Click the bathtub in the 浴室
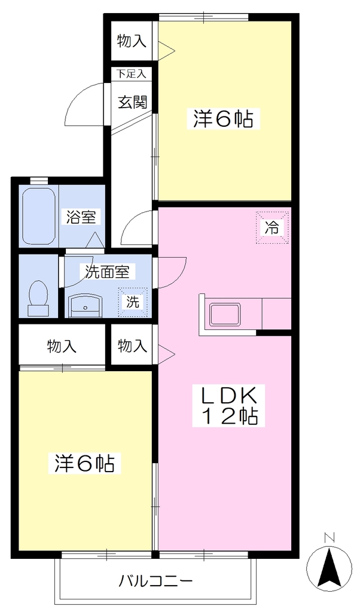click(38, 216)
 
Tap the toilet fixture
click(38, 298)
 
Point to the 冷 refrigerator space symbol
click(272, 228)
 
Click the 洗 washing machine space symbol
click(133, 302)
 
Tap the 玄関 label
click(133, 102)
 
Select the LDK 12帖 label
click(229, 406)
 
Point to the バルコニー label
click(156, 581)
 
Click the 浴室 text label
click(81, 217)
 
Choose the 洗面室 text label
click(108, 271)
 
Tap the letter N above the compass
click(330, 537)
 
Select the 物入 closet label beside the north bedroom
click(132, 41)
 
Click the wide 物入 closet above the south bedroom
click(62, 346)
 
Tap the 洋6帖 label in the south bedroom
click(84, 463)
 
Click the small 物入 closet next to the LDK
click(133, 346)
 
